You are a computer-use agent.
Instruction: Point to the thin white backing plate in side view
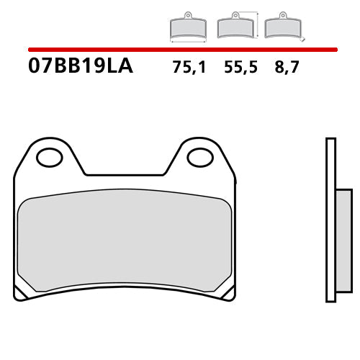(330, 216)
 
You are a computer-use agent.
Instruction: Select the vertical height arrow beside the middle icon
(257, 24)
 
